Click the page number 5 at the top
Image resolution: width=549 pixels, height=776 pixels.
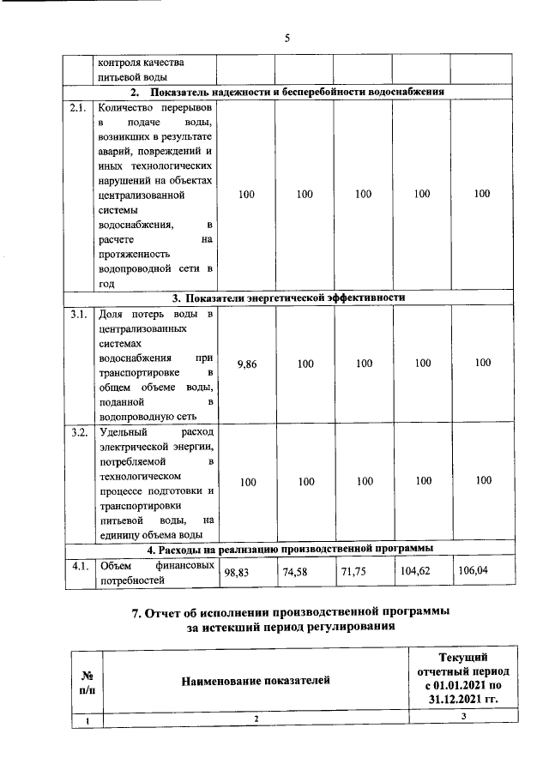pyautogui.click(x=287, y=38)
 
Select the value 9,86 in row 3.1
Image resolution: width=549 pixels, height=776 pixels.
pyautogui.click(x=247, y=364)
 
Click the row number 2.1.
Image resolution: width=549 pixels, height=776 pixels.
pyautogui.click(x=79, y=108)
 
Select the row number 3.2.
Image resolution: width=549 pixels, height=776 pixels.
pyautogui.click(x=79, y=431)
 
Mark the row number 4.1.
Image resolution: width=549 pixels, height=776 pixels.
pyautogui.click(x=79, y=565)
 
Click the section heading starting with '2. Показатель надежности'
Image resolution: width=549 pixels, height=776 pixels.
pyautogui.click(x=287, y=93)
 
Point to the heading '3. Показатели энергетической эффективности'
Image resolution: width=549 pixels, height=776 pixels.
pyautogui.click(x=287, y=298)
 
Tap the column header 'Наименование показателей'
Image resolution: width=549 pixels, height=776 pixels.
pyautogui.click(x=255, y=681)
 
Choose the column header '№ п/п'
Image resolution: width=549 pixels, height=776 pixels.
pyautogui.click(x=87, y=681)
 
